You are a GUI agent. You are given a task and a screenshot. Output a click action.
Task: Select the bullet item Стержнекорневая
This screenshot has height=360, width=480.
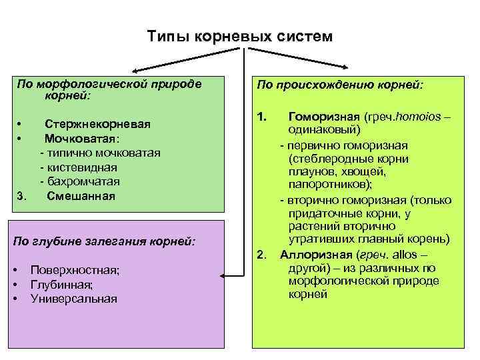pyautogui.click(x=97, y=124)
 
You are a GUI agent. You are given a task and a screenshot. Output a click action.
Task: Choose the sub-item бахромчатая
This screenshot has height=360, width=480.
pyautogui.click(x=83, y=181)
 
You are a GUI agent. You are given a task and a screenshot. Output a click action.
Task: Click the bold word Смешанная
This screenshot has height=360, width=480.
pyautogui.click(x=81, y=196)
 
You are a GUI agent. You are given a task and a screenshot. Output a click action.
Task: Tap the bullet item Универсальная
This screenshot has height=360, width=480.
pyautogui.click(x=73, y=299)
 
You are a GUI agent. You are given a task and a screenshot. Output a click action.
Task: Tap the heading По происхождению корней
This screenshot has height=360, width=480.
pyautogui.click(x=340, y=85)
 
